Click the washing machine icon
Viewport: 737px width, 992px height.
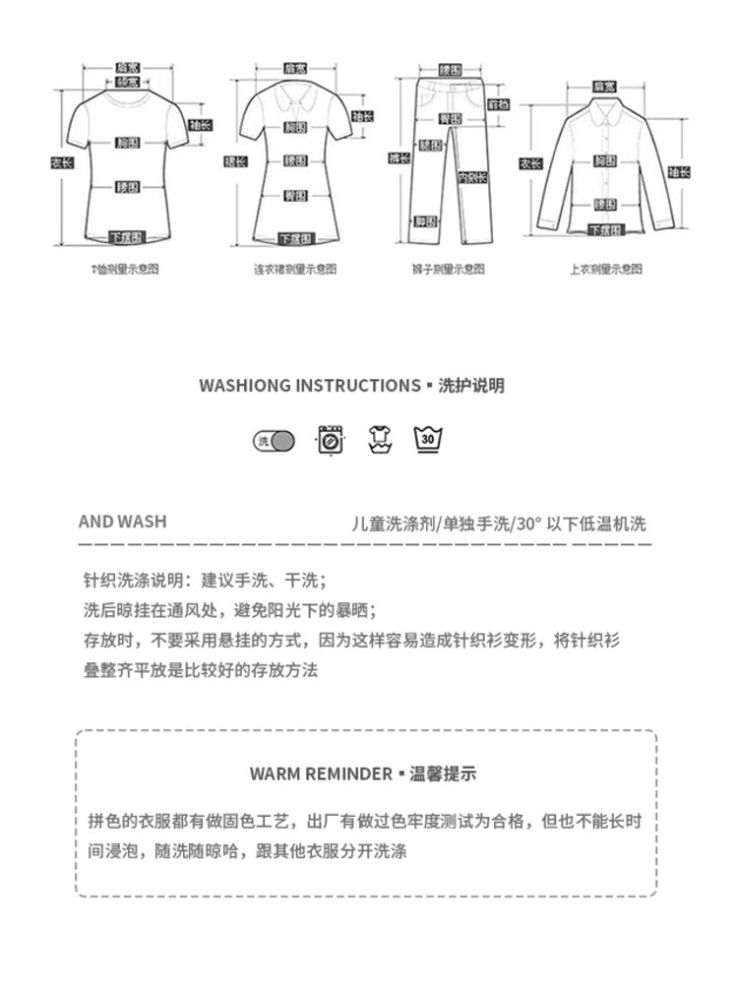[x=331, y=439]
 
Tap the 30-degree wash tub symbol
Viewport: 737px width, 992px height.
[x=426, y=439]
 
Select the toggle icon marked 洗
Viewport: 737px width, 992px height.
[x=275, y=441]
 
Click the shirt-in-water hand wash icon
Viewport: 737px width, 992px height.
[x=379, y=439]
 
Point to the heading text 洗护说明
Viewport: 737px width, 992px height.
[x=471, y=386]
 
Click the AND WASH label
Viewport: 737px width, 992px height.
[x=122, y=522]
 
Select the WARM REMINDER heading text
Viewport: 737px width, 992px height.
[x=320, y=774]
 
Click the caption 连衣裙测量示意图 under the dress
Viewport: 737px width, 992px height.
[x=294, y=269]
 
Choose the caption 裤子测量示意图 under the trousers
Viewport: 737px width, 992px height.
[x=449, y=269]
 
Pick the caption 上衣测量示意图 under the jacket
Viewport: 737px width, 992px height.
[x=606, y=269]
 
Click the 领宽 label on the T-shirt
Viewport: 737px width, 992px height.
[x=127, y=83]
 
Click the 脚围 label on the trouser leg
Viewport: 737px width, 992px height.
[x=425, y=221]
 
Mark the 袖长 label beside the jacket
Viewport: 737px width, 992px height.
[x=679, y=172]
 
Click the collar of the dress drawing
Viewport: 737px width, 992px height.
[x=293, y=98]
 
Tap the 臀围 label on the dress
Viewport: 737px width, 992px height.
[x=293, y=195]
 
